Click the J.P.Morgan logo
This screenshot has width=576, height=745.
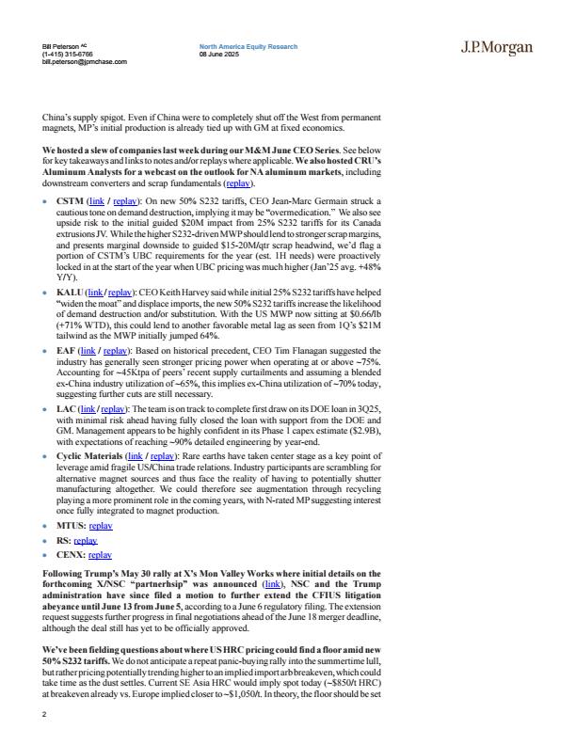[x=497, y=48]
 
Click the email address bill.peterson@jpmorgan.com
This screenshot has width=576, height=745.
[x=85, y=62]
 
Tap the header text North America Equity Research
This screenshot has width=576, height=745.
[x=248, y=46]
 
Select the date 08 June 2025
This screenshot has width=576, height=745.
[x=219, y=54]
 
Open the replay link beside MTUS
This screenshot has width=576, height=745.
[x=101, y=526]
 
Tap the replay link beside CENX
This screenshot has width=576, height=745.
[x=101, y=555]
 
